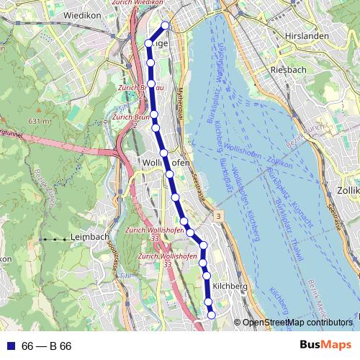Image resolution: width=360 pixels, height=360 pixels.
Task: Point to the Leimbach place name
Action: click(89, 236)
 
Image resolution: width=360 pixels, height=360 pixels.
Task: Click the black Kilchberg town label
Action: click(230, 286)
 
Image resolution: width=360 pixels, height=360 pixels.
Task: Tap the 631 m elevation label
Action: click(40, 121)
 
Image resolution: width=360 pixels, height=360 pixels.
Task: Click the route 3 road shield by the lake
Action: click(218, 215)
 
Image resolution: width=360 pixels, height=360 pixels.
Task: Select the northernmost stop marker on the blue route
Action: click(165, 25)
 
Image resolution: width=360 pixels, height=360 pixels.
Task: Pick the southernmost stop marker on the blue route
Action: click(211, 315)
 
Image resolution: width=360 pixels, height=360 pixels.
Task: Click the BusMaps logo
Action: click(325, 346)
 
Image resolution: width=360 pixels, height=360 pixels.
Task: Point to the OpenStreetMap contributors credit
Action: click(297, 323)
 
